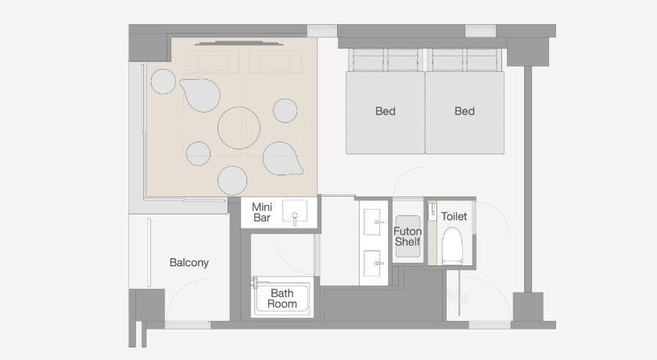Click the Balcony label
pos(189,263)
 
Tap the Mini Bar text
pos(262,213)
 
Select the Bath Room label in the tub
pos(282,298)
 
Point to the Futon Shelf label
pos(407,237)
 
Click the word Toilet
pos(454,216)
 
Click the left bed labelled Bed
pos(385,113)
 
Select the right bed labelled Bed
pos(465,113)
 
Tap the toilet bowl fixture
pos(452,245)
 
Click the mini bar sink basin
pos(295,211)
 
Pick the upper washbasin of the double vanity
pos(372,221)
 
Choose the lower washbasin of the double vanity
pos(372,263)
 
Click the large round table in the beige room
pos(239,128)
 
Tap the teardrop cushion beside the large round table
pos(201,94)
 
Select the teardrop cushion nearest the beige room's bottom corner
pos(282,158)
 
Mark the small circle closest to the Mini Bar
pos(232,181)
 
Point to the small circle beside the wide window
pos(163,81)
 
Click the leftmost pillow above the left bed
pos(368,60)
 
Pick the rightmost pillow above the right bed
pos(483,60)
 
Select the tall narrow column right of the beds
pos(528,179)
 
